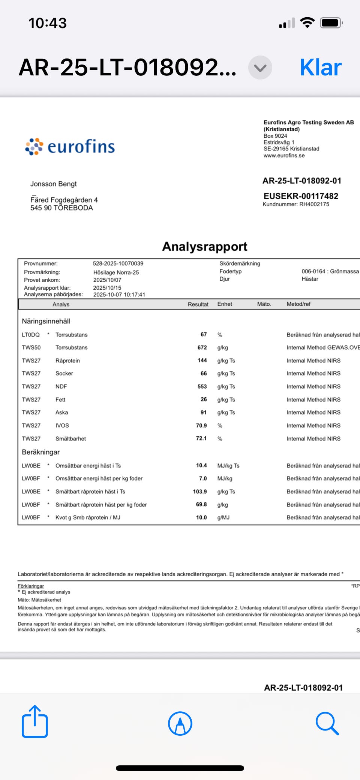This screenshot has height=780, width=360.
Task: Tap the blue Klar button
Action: [321, 68]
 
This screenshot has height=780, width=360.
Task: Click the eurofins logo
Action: [70, 146]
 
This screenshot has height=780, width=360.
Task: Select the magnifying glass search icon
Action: [327, 723]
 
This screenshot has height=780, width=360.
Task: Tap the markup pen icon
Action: [180, 723]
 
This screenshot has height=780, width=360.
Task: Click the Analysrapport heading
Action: [204, 246]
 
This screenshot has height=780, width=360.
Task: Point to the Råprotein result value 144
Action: [202, 361]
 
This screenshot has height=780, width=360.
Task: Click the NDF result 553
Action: [202, 386]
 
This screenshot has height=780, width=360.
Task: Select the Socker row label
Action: [64, 373]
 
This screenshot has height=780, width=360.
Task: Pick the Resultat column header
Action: [198, 304]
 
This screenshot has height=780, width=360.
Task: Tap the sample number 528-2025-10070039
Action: [118, 263]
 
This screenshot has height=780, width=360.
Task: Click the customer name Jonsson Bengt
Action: [54, 184]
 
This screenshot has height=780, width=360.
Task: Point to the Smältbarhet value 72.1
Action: [201, 439]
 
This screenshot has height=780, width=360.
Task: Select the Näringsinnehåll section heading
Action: [46, 321]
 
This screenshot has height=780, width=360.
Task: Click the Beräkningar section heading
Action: [41, 452]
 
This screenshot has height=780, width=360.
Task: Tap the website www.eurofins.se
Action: [284, 155]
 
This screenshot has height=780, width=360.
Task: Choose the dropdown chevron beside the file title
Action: [260, 68]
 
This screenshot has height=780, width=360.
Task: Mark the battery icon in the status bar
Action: [331, 23]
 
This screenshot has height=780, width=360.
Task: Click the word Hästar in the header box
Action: [310, 279]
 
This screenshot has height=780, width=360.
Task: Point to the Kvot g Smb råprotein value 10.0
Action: [201, 517]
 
